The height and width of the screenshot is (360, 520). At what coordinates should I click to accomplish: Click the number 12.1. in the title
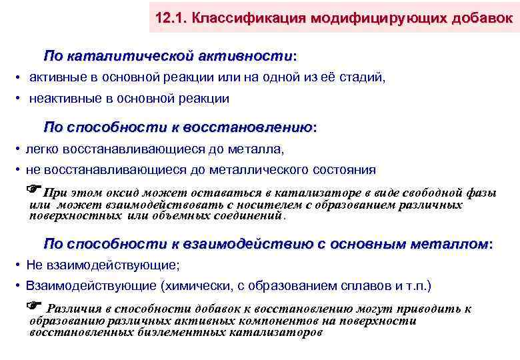point(169,18)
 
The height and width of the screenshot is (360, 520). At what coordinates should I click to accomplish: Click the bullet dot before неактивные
point(16,99)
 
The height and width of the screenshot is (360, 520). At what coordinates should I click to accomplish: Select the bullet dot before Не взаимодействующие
point(16,265)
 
